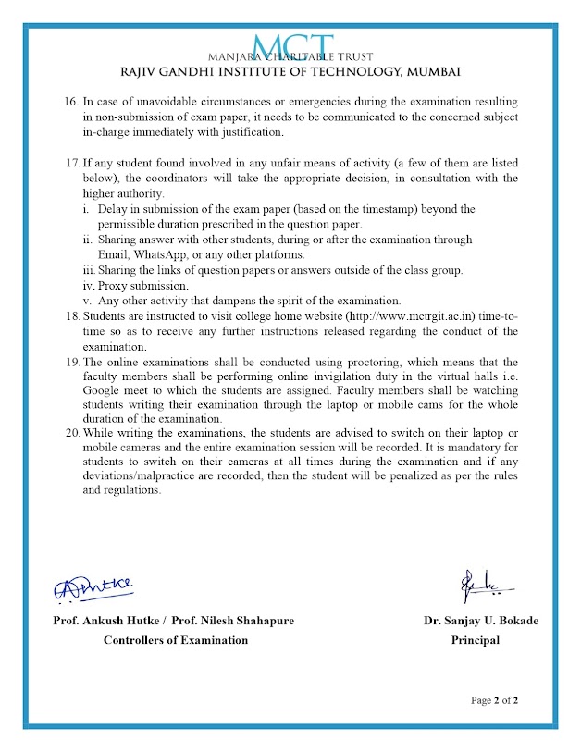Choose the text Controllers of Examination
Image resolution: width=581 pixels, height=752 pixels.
click(x=175, y=640)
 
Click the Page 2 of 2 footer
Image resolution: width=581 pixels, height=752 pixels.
click(x=494, y=700)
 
